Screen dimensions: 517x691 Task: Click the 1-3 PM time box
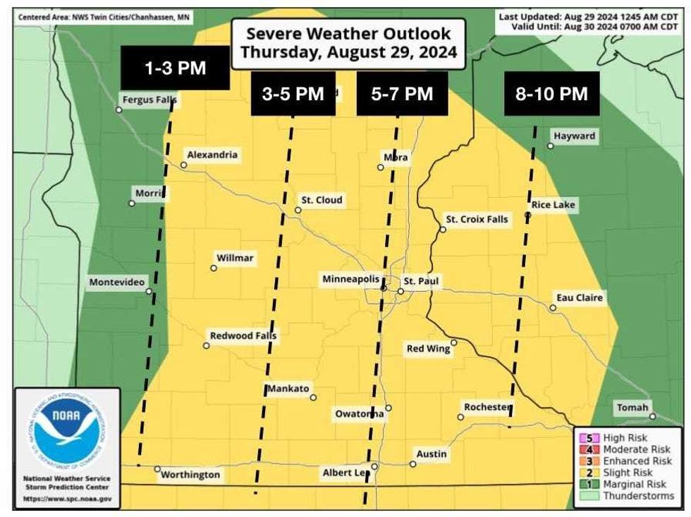176,68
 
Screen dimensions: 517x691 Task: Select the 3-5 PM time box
292,94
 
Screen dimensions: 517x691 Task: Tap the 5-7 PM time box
402,94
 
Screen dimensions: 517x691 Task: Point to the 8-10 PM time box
551,94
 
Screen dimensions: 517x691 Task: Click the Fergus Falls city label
149,100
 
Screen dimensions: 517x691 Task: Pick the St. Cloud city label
322,200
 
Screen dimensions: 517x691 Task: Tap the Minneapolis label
351,280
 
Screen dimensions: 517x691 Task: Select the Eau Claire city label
580,298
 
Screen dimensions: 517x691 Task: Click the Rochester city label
487,407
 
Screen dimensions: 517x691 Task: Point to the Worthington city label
190,475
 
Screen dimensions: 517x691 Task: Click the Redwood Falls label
243,336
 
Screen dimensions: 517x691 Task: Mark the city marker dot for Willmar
214,268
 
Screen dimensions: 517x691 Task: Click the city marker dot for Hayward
551,146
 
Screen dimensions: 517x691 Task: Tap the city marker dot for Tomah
653,416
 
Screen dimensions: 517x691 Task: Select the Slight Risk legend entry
628,473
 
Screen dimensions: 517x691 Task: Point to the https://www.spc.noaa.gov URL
67,499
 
